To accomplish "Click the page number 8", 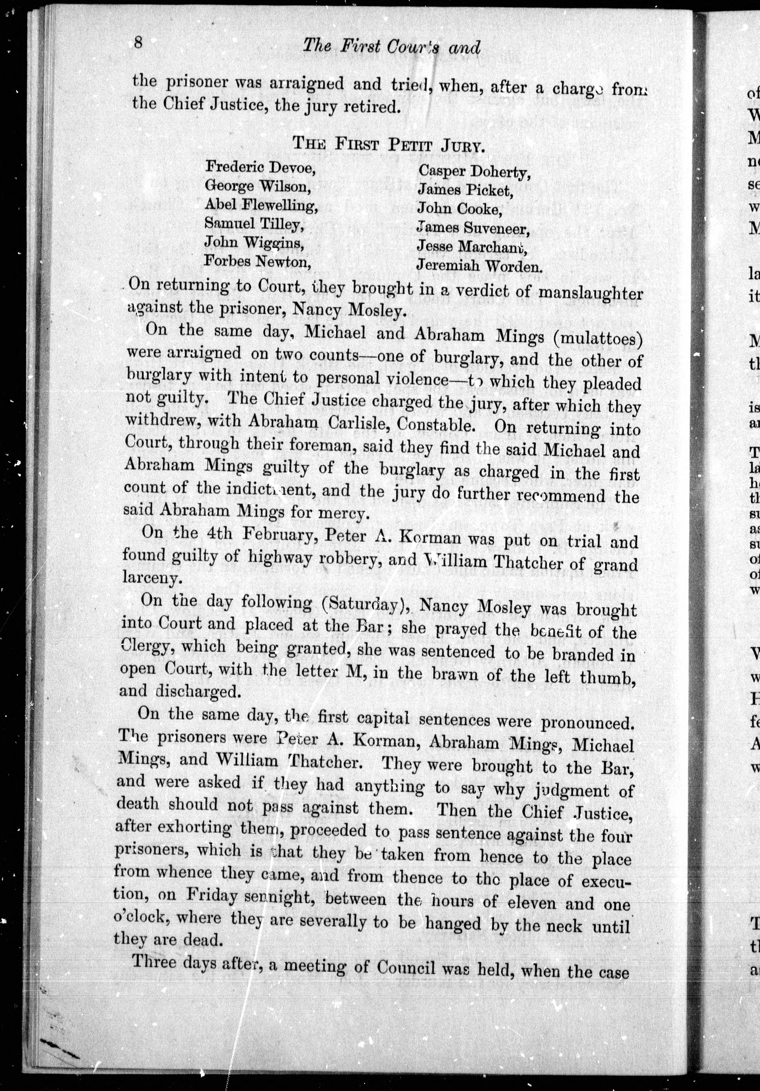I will [x=138, y=43].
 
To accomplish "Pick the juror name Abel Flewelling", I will [x=261, y=205].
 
